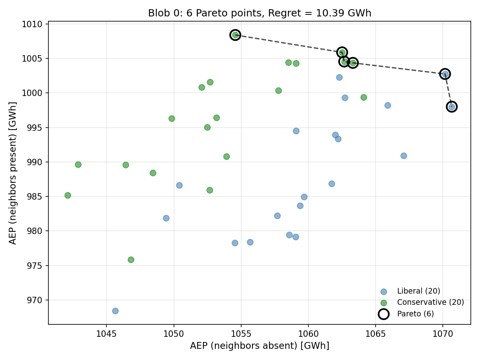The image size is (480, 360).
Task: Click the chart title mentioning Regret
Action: coord(260,13)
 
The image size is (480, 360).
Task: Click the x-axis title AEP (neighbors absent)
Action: coord(260,346)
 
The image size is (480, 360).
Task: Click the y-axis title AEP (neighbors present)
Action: coord(13,173)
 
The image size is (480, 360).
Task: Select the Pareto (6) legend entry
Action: coord(415,314)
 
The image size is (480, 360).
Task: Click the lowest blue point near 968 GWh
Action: coord(115,311)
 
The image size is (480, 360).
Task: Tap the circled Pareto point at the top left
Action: coord(235,35)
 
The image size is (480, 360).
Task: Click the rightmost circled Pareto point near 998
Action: coord(452,106)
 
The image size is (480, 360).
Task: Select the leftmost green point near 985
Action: coord(68,195)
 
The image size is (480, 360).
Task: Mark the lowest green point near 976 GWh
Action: coord(131,260)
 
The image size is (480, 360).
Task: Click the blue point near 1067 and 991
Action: coord(404,156)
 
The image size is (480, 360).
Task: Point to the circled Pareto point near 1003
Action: coord(445,74)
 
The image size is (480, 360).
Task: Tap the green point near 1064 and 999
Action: coord(364,97)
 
